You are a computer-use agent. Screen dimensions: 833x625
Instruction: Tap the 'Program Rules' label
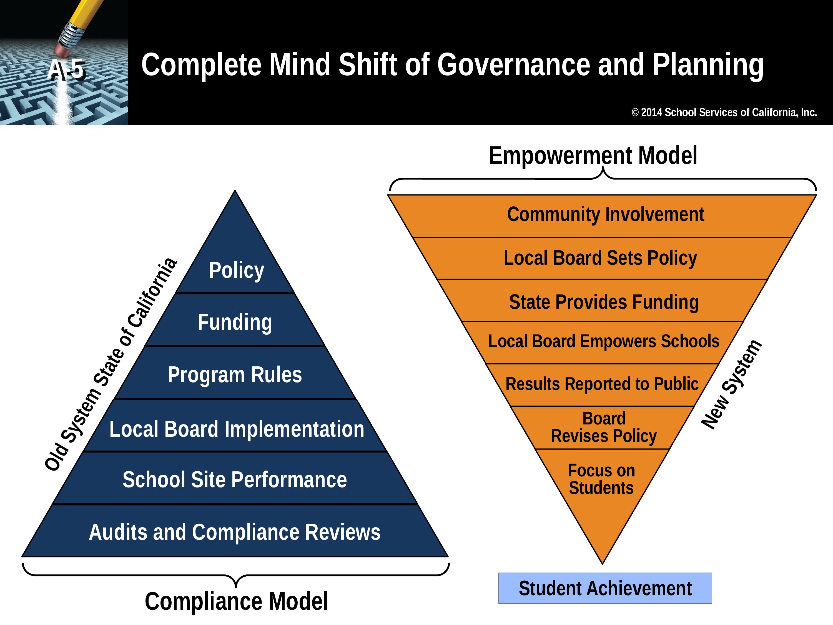click(x=235, y=375)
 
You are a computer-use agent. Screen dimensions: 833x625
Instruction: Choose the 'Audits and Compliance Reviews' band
click(x=235, y=531)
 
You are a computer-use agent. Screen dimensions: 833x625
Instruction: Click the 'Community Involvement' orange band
click(x=603, y=216)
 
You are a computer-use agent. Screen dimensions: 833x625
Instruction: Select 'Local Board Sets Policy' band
click(x=603, y=258)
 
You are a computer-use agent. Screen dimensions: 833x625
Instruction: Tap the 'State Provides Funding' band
click(x=603, y=301)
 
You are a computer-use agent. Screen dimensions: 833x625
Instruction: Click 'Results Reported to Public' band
click(x=603, y=385)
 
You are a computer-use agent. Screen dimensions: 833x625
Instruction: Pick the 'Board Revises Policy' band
click(x=603, y=427)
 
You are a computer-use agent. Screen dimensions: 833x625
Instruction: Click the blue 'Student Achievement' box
click(x=605, y=588)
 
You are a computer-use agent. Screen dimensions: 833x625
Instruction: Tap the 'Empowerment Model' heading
click(x=593, y=156)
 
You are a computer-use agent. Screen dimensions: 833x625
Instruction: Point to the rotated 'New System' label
click(x=732, y=384)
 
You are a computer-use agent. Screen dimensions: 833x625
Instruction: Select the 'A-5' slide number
click(x=66, y=70)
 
